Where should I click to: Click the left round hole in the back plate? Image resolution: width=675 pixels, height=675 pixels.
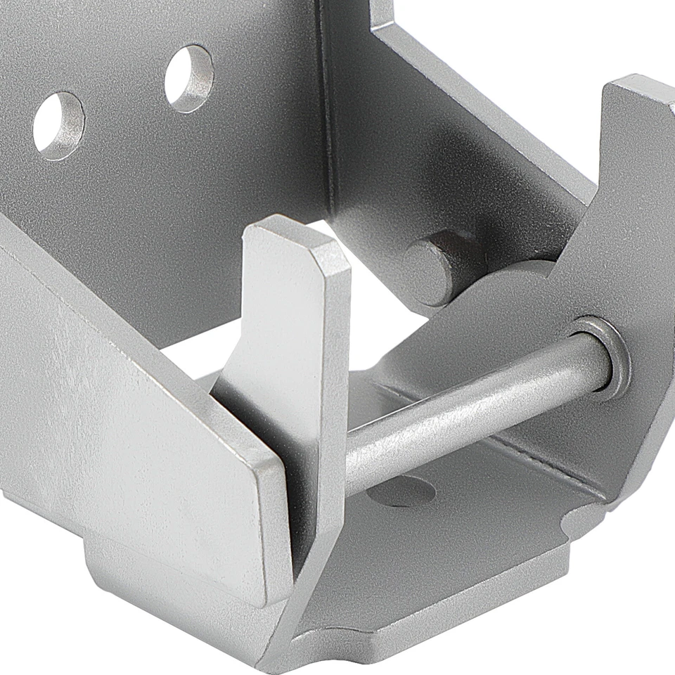[58, 125]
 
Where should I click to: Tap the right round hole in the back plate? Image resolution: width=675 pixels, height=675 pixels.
[189, 78]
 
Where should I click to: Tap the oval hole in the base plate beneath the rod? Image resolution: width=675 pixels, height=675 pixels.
[401, 491]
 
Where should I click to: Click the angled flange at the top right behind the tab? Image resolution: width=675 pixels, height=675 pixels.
[478, 105]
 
